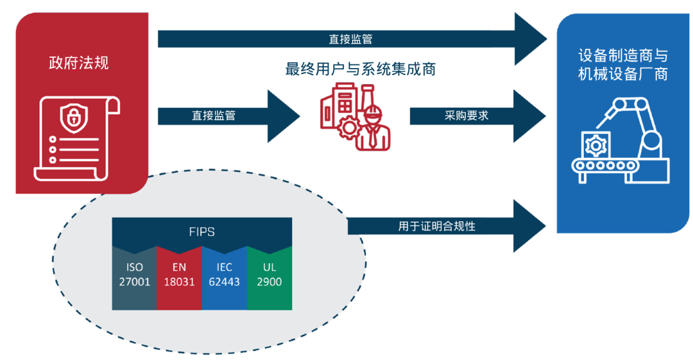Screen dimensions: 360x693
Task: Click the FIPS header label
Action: [x=202, y=232]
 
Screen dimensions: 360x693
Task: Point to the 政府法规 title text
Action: [x=79, y=63]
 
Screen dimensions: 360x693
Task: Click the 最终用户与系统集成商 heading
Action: [x=360, y=69]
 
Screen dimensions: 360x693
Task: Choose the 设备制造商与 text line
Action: [x=622, y=55]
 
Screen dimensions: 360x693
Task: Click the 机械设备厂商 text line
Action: [x=622, y=74]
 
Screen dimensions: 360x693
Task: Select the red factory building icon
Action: [x=339, y=109]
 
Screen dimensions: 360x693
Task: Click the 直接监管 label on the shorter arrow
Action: [x=213, y=116]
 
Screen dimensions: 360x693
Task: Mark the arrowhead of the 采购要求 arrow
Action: [x=531, y=116]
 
